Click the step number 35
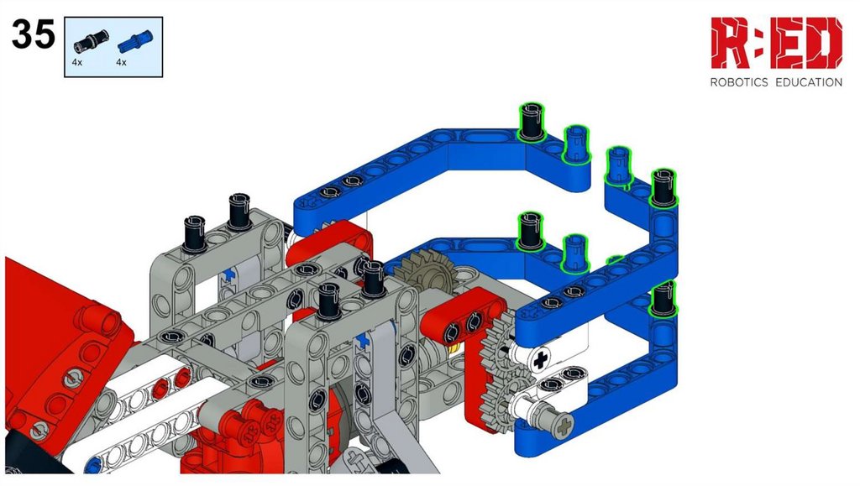click(34, 34)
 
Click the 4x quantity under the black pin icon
click(76, 62)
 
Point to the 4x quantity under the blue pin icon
click(121, 62)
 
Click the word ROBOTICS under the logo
click(739, 83)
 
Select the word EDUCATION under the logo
click(809, 83)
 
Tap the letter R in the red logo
click(732, 44)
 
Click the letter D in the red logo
click(826, 44)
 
